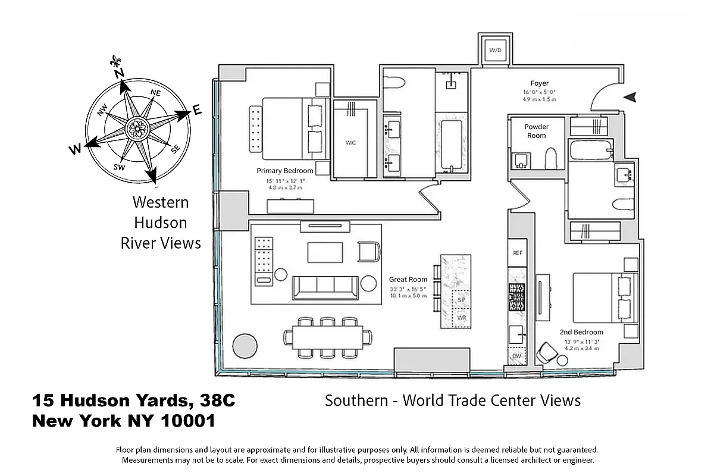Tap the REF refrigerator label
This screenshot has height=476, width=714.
pyautogui.click(x=517, y=253)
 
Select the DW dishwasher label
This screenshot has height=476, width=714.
pyautogui.click(x=516, y=356)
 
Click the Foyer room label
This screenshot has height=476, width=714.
pyautogui.click(x=540, y=83)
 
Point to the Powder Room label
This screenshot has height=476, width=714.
pyautogui.click(x=536, y=131)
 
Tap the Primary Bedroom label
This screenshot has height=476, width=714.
pyautogui.click(x=285, y=171)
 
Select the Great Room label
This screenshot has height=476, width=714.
pyautogui.click(x=408, y=279)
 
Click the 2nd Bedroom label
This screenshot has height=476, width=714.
pyautogui.click(x=581, y=332)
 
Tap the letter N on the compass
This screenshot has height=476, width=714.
pyautogui.click(x=119, y=73)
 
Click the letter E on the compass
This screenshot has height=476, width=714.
pyautogui.click(x=197, y=110)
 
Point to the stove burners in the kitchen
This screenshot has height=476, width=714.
pyautogui.click(x=516, y=296)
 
